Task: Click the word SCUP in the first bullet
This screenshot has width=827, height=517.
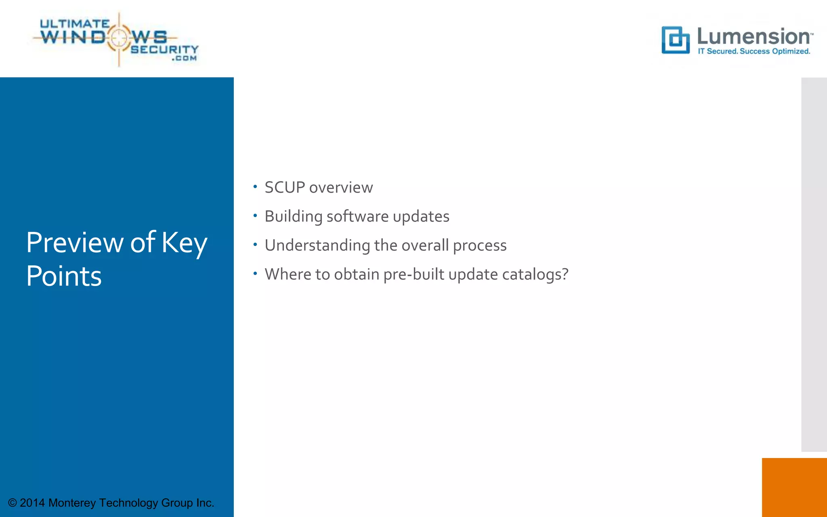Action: coord(284,187)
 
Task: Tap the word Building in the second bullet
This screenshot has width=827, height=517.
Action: coord(293,216)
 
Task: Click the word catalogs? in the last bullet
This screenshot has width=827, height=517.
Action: coord(535,275)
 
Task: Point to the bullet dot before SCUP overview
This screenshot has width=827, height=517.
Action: coord(255,187)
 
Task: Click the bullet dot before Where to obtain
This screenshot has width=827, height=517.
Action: coord(255,273)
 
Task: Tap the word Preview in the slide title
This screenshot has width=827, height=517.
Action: coord(75,243)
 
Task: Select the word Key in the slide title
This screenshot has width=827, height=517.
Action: coord(184,243)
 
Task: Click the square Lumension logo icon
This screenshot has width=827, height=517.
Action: coord(675,40)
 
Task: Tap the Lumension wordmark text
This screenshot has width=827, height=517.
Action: coord(754,36)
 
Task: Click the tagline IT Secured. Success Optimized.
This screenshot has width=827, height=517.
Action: coord(754,51)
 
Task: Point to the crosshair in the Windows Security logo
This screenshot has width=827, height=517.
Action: coord(119,38)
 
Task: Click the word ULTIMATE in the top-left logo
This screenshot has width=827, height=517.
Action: coord(75,24)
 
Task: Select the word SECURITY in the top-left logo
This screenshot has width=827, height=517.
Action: coord(164,49)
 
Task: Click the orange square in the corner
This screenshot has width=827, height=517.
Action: coord(794,487)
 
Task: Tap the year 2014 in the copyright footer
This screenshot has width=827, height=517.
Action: coord(32,503)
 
